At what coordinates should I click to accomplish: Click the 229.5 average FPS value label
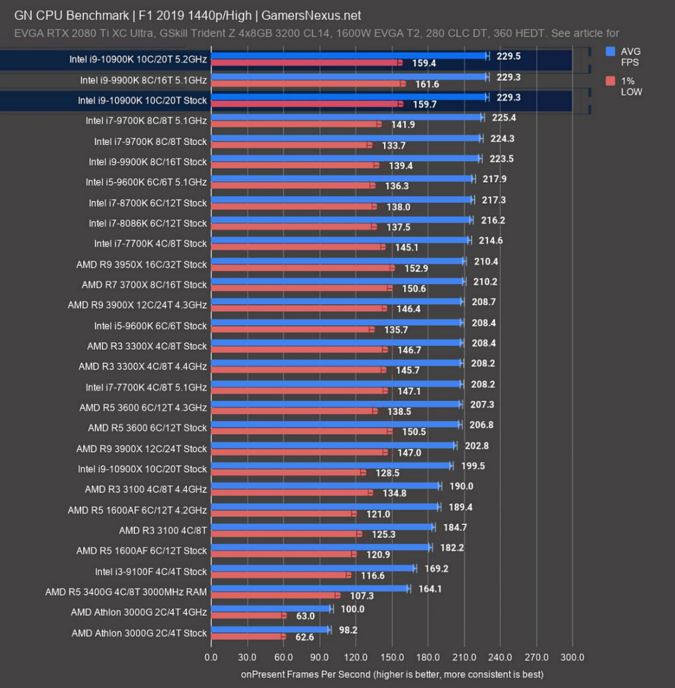508,56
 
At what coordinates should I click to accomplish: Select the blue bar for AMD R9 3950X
338,261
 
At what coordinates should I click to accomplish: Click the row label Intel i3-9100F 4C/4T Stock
151,571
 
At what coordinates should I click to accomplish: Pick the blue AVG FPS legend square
610,52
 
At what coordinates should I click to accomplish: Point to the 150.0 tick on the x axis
392,657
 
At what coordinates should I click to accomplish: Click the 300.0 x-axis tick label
572,657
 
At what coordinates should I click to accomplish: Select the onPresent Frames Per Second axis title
392,674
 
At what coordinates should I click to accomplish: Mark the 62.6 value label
301,636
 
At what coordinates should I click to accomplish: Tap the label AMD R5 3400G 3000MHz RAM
126,592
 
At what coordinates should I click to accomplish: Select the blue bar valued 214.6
341,241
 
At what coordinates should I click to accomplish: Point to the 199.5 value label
471,466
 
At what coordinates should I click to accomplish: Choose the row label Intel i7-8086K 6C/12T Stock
148,224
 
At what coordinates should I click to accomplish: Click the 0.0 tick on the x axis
211,657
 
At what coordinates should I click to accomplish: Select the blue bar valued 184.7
323,527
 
